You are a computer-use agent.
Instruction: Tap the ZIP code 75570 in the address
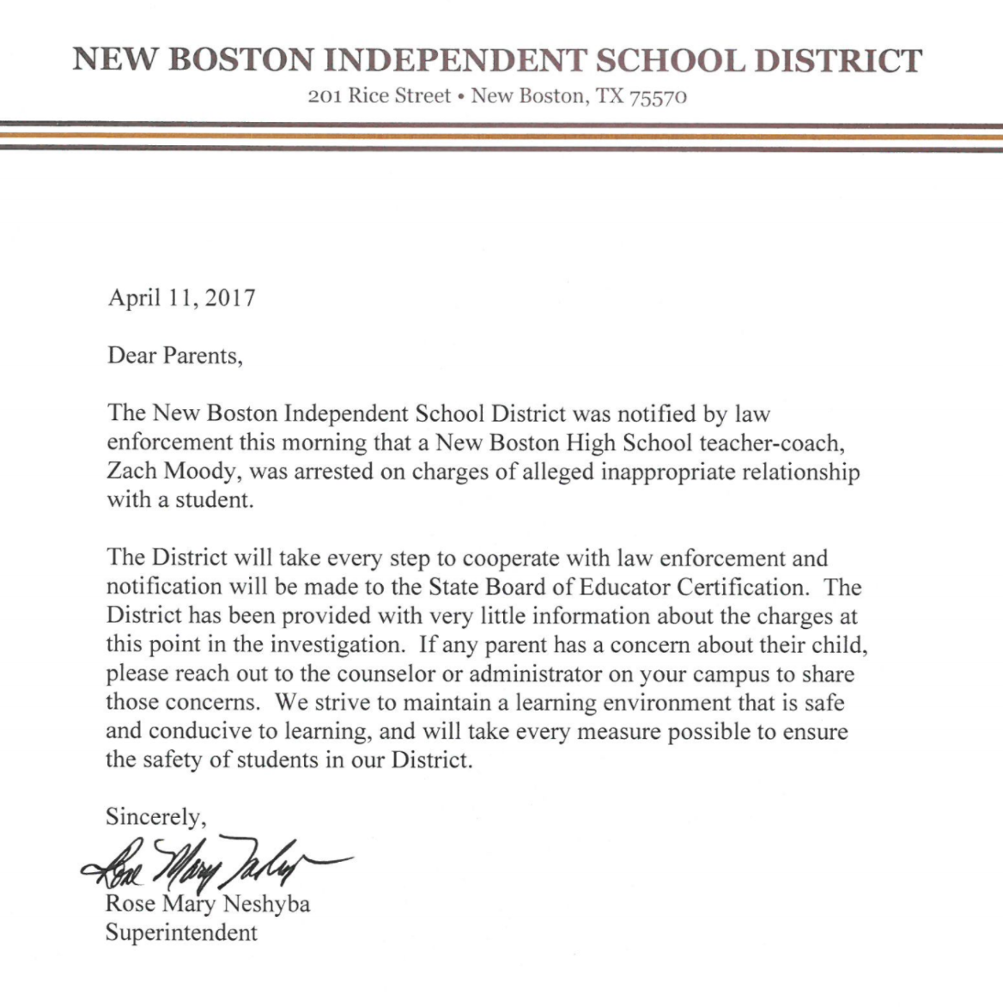tap(659, 97)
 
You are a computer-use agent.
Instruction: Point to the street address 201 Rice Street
tap(379, 96)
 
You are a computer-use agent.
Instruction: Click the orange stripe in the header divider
tap(501, 136)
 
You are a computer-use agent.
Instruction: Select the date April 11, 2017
tap(181, 298)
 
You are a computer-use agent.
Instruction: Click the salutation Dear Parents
tap(174, 355)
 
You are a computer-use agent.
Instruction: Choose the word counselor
tap(383, 674)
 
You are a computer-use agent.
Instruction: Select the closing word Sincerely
tap(155, 816)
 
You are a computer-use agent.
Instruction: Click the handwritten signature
tap(215, 862)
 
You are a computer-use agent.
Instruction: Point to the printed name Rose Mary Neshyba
tap(207, 904)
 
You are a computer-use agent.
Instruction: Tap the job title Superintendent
tap(181, 932)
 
